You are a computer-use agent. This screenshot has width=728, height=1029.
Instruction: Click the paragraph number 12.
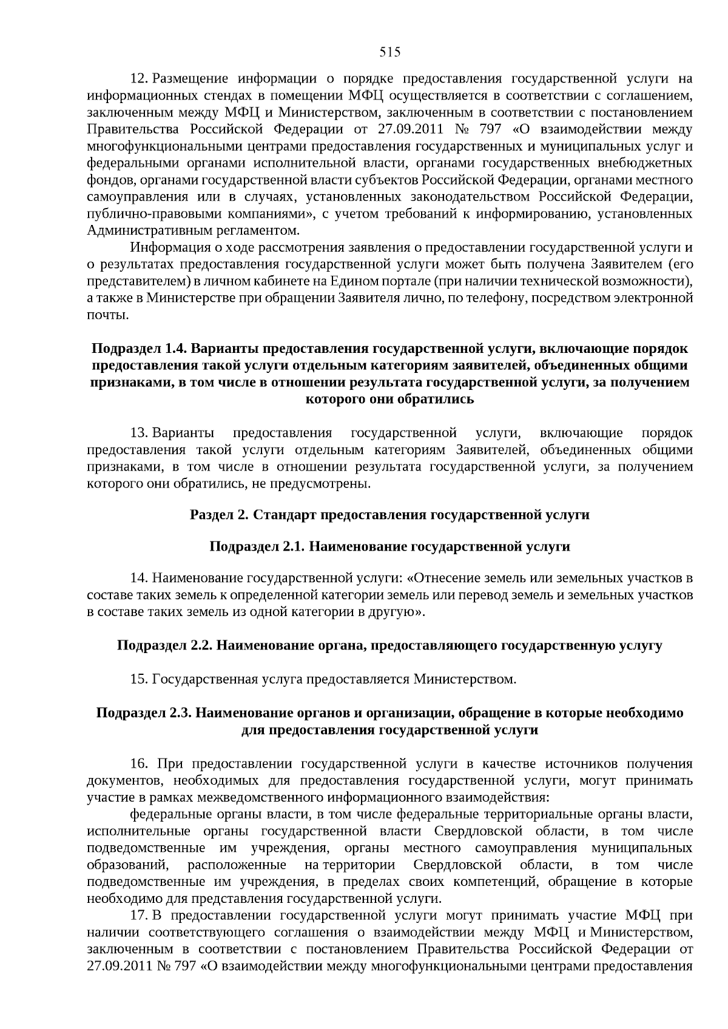pyautogui.click(x=140, y=79)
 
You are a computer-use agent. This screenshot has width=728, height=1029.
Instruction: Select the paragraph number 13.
pyautogui.click(x=140, y=433)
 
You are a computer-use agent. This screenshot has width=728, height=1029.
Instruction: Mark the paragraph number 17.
pyautogui.click(x=140, y=915)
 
